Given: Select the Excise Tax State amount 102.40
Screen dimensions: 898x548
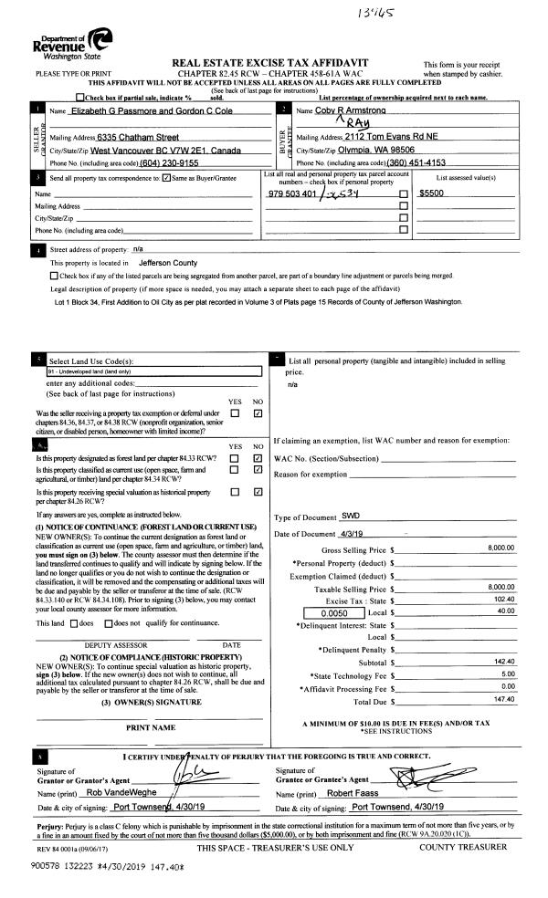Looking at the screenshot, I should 503,599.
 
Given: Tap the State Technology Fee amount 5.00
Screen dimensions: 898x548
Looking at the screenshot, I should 508,673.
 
